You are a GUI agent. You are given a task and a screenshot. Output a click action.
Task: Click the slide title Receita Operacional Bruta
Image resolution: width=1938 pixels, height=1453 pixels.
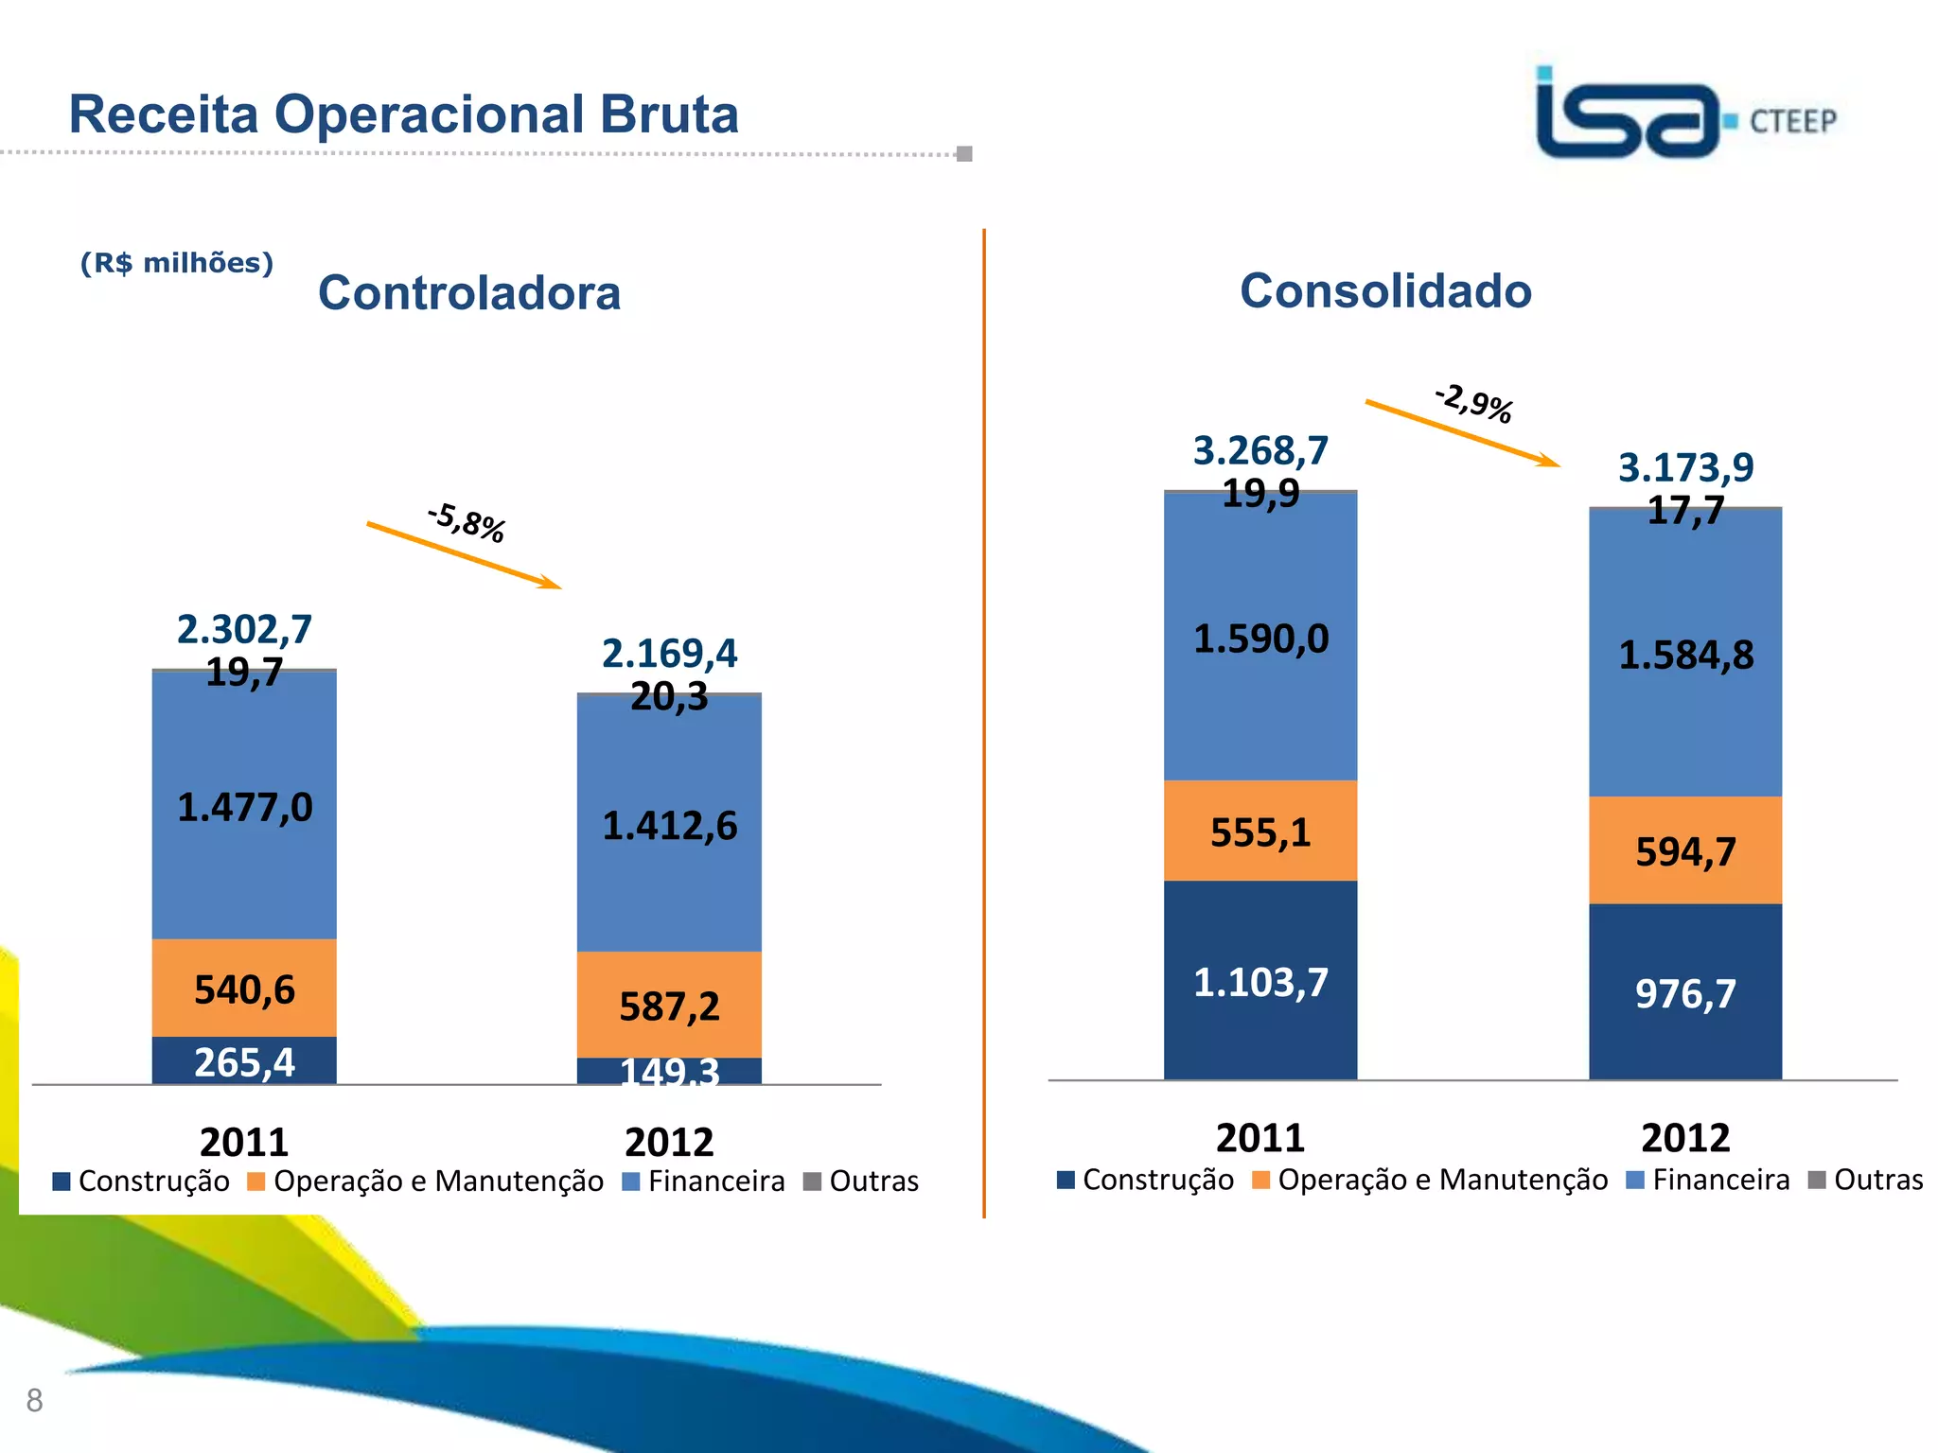403,114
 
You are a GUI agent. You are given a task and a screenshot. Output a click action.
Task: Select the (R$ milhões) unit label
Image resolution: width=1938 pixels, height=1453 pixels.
177,263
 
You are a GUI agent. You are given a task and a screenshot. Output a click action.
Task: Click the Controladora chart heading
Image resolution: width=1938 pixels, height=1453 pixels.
469,292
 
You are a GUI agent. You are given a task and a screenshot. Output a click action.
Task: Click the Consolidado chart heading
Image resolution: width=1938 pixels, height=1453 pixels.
1385,290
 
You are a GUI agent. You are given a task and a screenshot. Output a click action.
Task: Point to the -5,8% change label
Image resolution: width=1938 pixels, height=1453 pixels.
467,523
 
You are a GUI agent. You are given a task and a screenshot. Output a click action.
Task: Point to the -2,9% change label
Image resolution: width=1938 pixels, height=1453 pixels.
1473,402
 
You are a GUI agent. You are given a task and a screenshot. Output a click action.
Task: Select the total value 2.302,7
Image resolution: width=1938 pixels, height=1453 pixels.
244,629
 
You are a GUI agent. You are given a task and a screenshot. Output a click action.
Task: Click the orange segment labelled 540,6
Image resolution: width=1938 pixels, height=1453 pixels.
244,989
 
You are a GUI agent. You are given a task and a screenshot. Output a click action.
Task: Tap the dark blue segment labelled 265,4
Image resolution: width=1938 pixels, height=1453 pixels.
244,1061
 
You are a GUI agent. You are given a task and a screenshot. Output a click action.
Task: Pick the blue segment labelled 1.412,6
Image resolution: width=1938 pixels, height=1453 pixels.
669,826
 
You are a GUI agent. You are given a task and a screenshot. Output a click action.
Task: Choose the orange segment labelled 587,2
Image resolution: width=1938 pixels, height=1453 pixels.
669,1006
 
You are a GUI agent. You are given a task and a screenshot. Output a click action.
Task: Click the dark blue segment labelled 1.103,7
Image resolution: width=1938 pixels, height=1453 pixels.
1260,982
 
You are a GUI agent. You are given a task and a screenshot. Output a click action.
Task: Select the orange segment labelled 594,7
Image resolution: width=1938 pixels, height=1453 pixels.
1685,851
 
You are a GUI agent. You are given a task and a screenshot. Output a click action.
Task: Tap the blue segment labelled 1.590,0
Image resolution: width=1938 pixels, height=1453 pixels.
1260,639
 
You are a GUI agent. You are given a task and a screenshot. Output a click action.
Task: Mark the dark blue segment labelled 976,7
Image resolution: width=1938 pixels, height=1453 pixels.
1685,993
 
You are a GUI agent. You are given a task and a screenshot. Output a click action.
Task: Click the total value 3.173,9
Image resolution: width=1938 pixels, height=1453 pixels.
1685,467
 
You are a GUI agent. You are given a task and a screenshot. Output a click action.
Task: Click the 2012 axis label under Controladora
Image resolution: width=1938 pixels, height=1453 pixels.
669,1142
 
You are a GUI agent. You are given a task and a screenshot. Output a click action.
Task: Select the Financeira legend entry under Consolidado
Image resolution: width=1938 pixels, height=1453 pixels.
1708,1180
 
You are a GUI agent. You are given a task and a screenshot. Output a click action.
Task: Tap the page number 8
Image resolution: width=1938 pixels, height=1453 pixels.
35,1400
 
